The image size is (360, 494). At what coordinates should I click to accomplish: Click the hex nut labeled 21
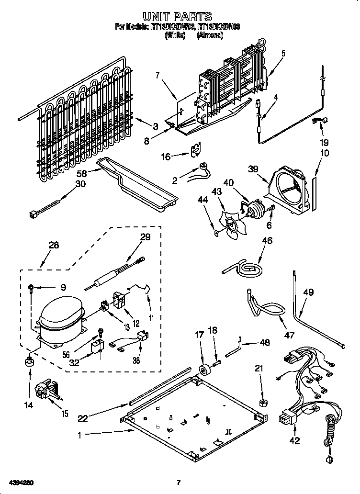coord(263,402)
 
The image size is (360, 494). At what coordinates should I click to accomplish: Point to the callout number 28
coord(54,245)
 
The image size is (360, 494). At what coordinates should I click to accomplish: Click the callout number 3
coord(155,126)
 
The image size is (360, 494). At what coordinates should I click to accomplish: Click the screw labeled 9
coord(31,288)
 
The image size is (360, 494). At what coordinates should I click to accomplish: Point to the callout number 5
coord(283,53)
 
